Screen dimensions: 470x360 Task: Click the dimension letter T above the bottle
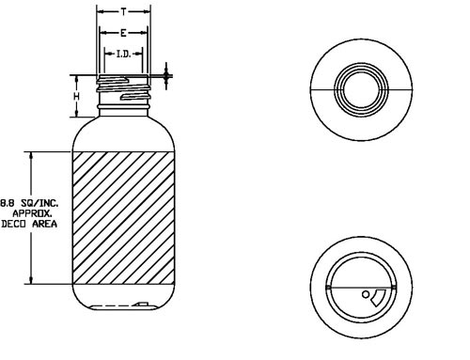[124, 12]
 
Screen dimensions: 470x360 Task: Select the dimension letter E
[123, 33]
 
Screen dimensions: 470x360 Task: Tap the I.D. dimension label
[123, 55]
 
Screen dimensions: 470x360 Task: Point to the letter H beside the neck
[76, 97]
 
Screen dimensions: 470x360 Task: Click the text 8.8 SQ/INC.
[29, 203]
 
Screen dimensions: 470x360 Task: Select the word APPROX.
[32, 213]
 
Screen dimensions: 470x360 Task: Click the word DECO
[12, 224]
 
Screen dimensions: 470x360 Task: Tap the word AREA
[45, 224]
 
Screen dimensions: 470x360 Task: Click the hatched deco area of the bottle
[124, 218]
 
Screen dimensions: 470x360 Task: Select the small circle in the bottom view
[366, 294]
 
